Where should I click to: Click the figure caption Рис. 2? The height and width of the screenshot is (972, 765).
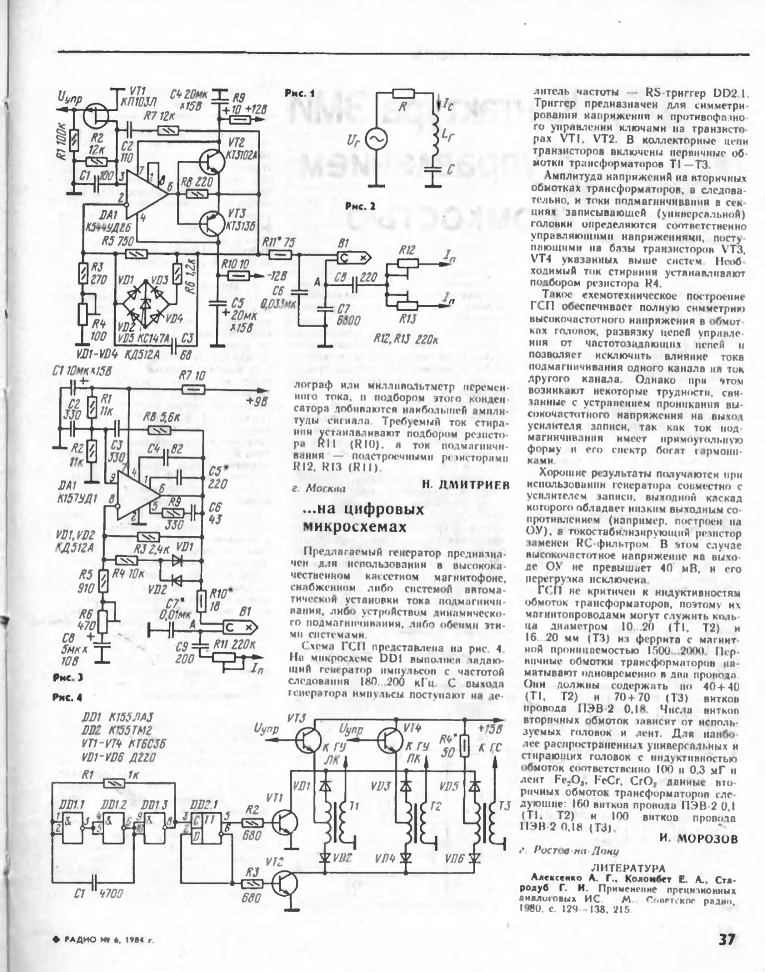(360, 206)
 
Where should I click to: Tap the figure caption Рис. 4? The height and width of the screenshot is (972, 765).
(67, 697)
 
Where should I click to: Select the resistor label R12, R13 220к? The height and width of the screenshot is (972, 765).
(406, 340)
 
